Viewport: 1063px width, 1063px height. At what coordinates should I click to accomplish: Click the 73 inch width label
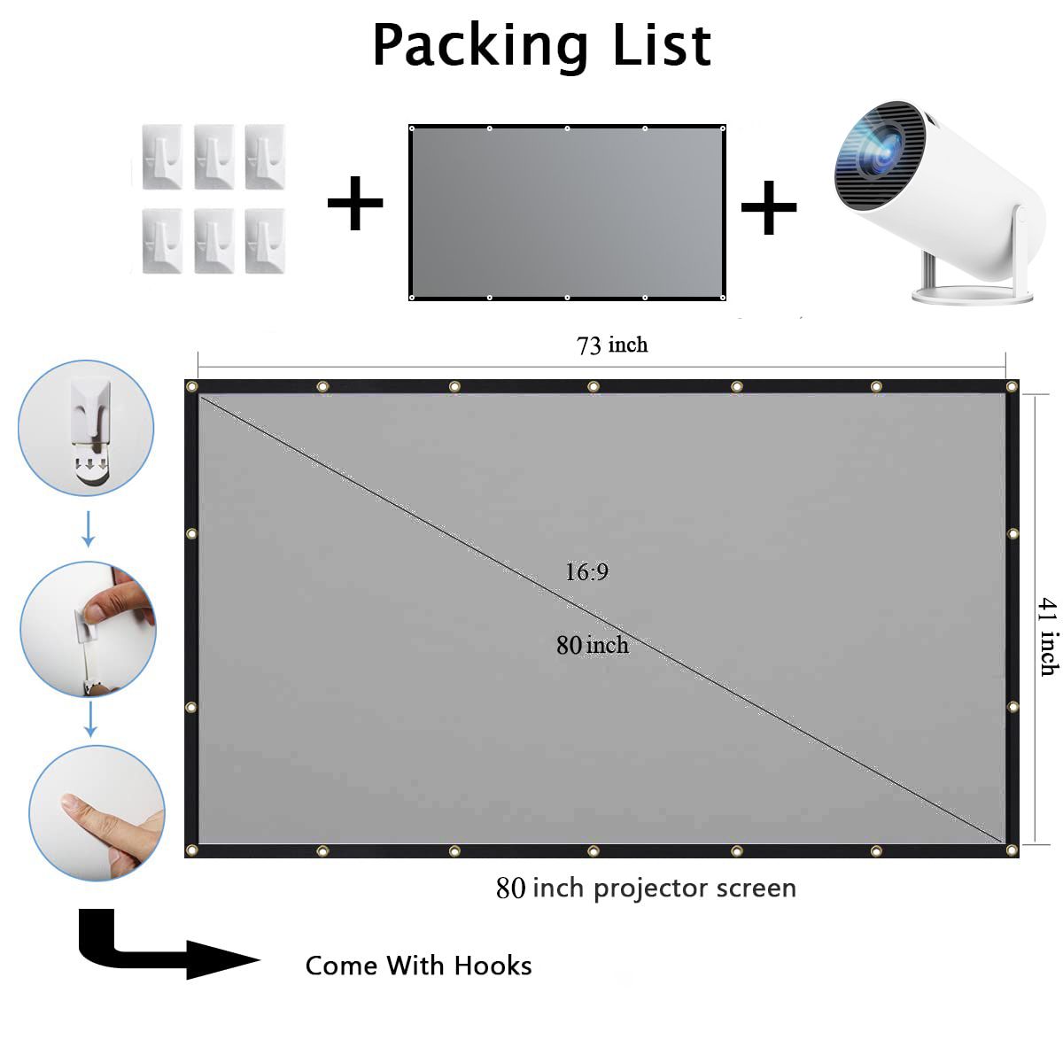(612, 345)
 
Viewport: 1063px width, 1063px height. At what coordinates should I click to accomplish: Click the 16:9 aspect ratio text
(586, 572)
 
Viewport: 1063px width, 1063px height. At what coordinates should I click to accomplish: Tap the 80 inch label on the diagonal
(592, 645)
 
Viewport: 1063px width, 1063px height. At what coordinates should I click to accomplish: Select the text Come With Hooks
(418, 966)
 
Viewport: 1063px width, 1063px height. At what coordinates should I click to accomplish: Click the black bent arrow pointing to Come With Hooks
(151, 948)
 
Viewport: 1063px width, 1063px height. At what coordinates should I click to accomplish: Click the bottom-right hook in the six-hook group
(265, 242)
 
